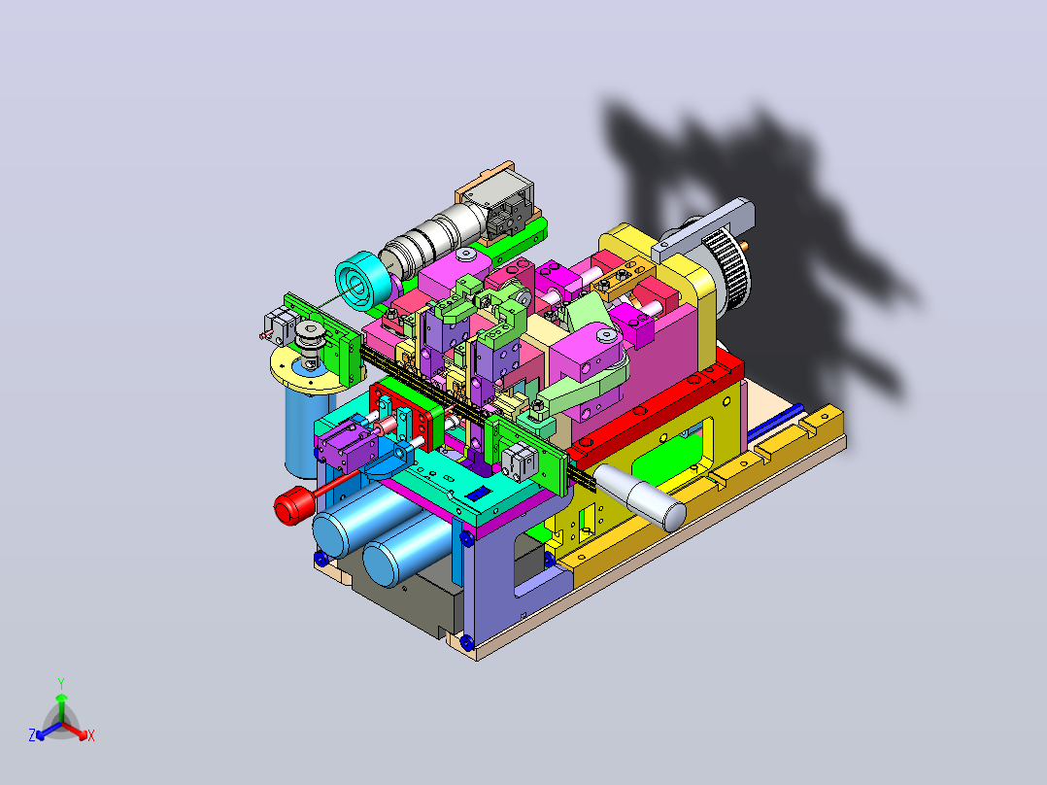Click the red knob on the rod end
[291, 507]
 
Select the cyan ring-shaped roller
[362, 282]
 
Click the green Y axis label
[61, 684]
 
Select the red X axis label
[91, 735]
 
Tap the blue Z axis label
[32, 735]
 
